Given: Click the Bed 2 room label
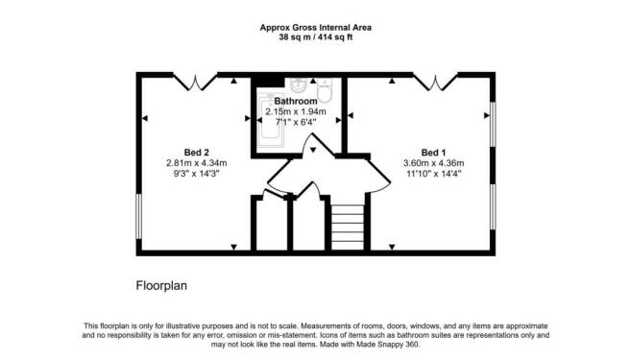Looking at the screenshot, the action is click(197, 153).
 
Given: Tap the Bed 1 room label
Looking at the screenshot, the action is click(433, 153).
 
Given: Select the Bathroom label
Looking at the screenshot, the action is click(296, 101).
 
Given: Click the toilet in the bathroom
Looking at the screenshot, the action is click(325, 90).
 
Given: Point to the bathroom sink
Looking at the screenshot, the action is click(299, 84).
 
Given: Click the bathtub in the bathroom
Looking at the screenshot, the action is click(270, 120).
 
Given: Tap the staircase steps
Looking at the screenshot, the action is click(348, 227).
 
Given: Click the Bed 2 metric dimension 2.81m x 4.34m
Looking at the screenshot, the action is click(197, 163).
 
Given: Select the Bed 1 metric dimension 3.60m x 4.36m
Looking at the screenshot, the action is click(433, 163).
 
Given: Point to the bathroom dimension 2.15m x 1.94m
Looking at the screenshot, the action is click(296, 111).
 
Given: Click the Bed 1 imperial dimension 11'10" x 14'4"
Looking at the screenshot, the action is click(433, 174).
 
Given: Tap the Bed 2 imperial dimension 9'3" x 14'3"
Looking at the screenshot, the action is click(197, 174).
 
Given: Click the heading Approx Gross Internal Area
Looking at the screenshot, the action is click(315, 27).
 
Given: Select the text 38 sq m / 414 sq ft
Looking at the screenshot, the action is click(315, 37).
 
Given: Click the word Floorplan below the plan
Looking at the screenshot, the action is click(161, 286).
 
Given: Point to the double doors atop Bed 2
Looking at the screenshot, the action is click(195, 82).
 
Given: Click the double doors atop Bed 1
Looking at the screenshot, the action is click(435, 82).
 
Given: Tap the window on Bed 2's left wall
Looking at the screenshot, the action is click(138, 217).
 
